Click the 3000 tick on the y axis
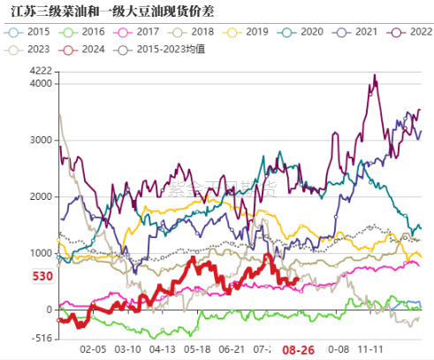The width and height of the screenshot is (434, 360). click(40, 140)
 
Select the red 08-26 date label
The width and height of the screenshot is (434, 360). click(298, 350)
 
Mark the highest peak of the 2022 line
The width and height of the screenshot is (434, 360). click(375, 76)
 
